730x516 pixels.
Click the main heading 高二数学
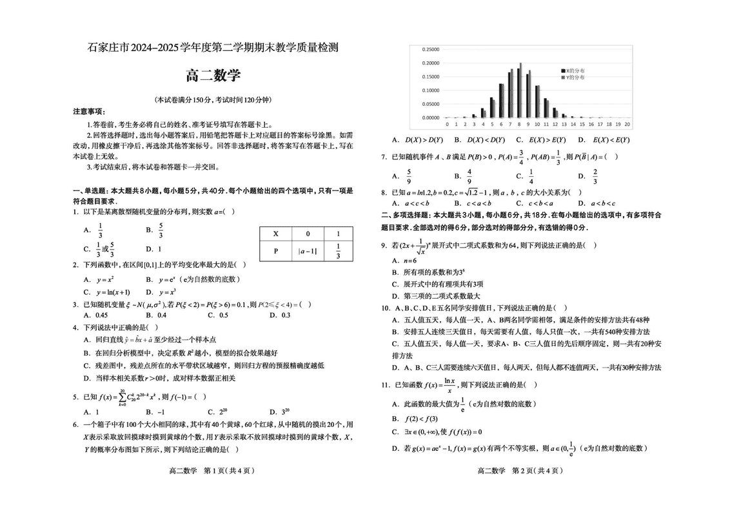(213, 75)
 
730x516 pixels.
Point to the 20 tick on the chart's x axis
(627, 124)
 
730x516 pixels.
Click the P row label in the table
(275, 252)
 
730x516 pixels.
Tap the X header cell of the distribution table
(275, 234)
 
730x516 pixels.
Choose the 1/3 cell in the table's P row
(339, 252)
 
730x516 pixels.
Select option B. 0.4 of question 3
(155, 315)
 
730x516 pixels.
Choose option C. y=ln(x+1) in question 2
(106, 292)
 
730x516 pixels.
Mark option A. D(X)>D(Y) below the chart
(417, 140)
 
